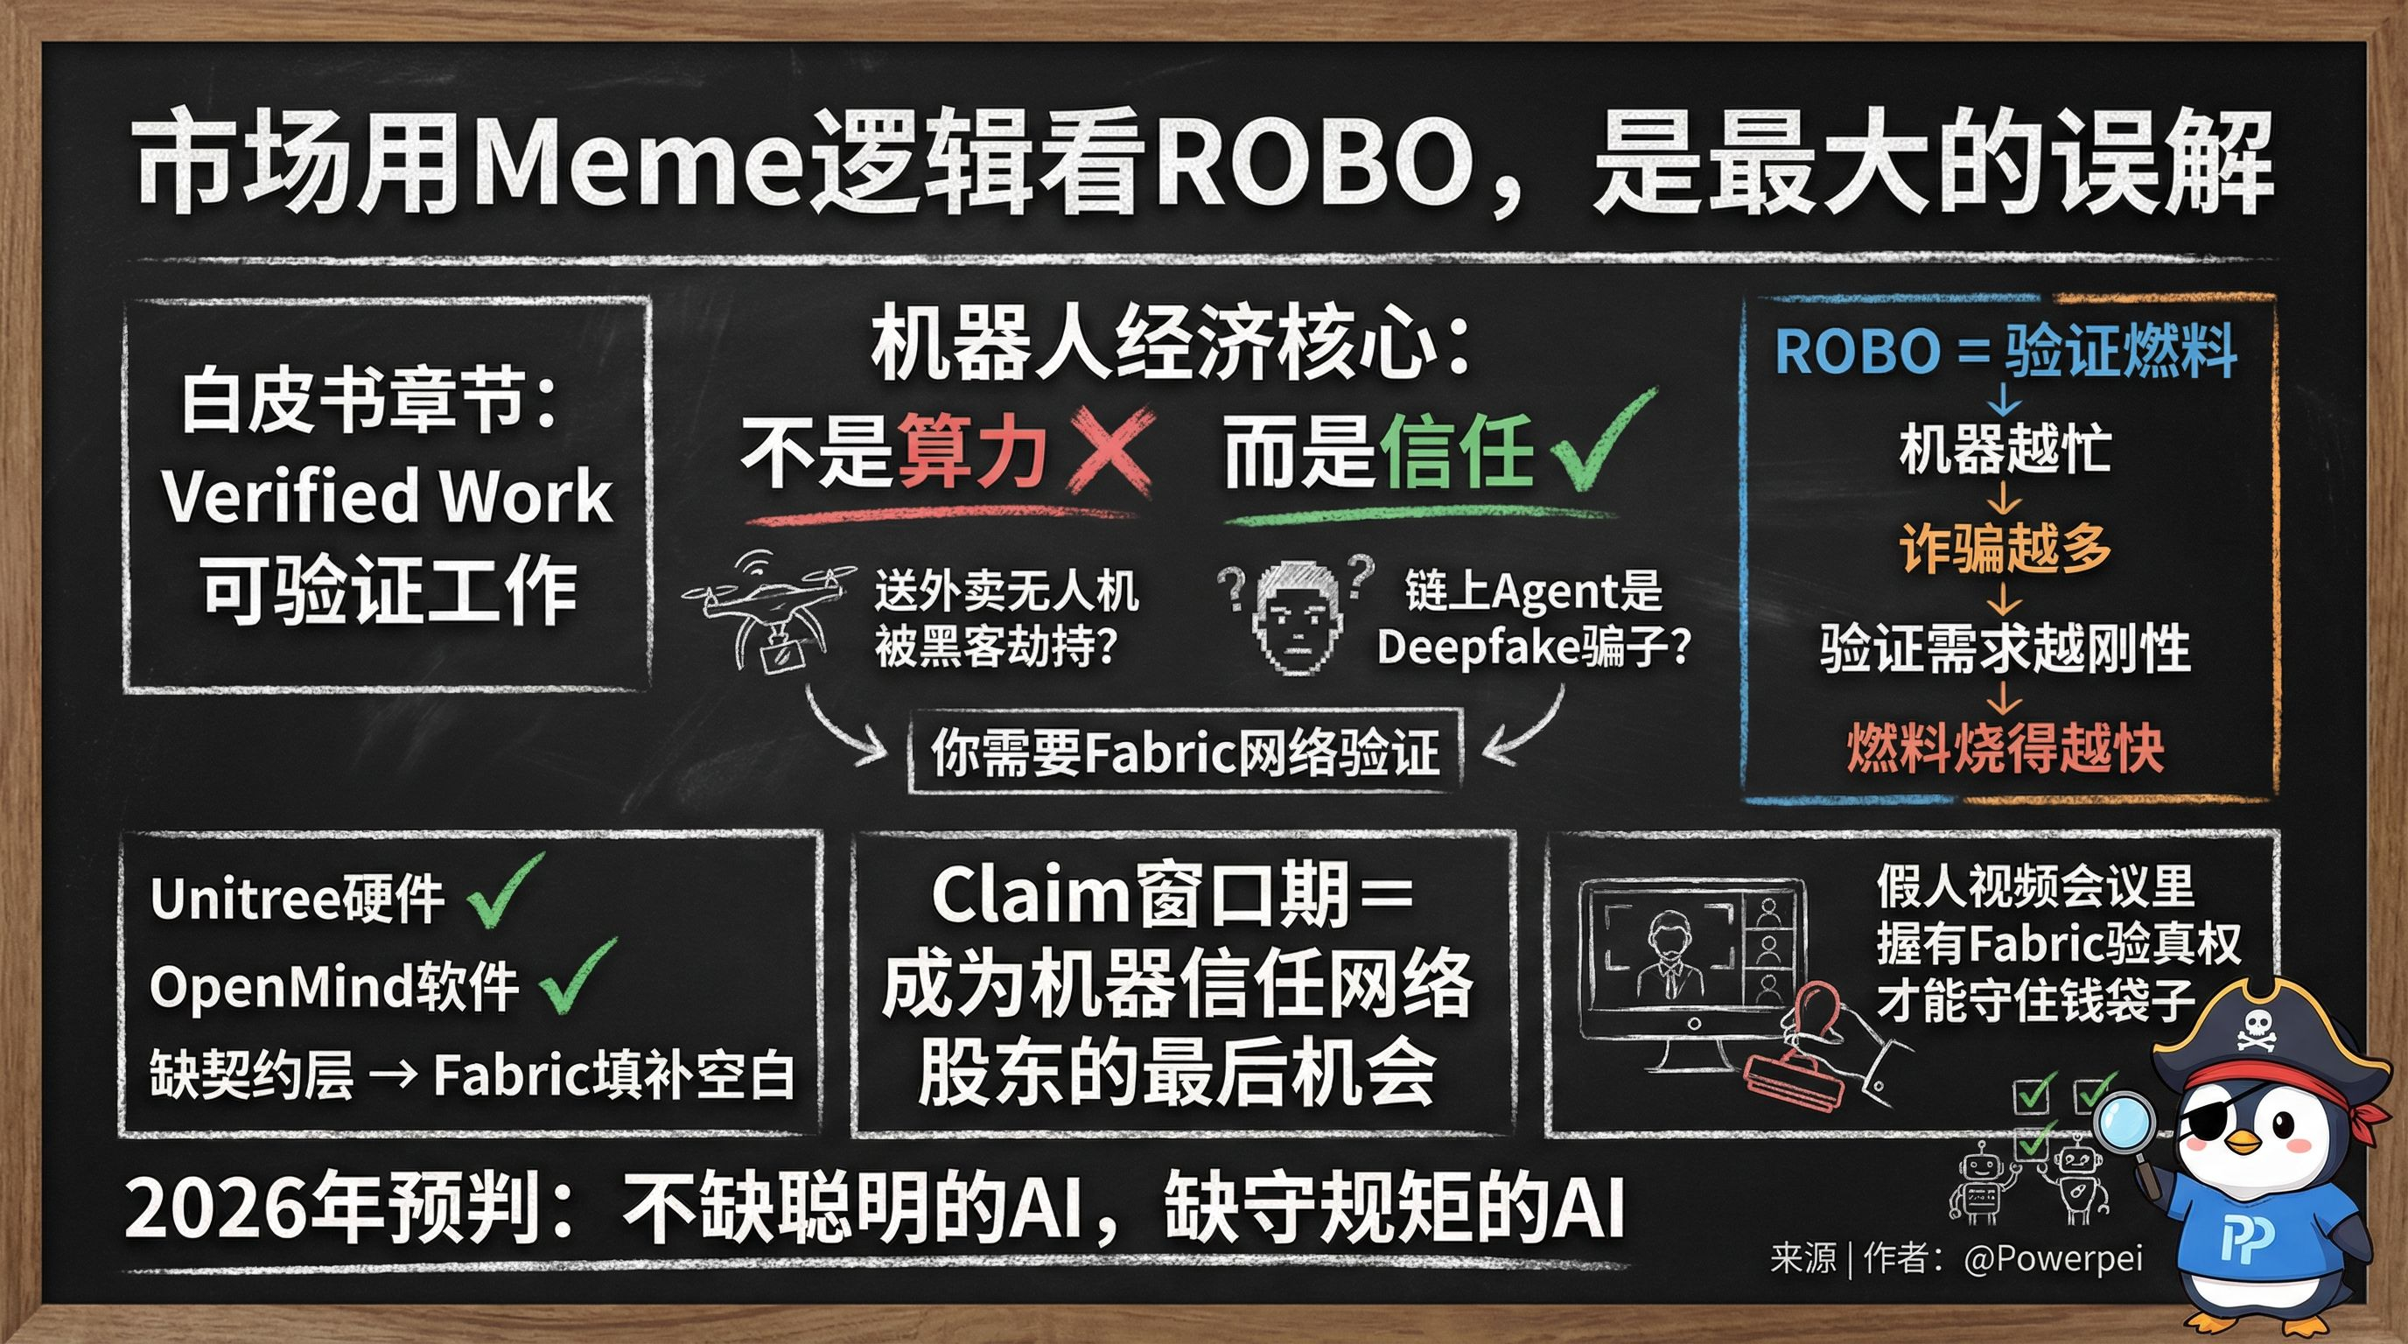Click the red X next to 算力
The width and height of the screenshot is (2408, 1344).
pos(1109,452)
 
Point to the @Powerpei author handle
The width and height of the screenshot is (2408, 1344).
pos(2052,1258)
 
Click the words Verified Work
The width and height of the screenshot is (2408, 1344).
pos(387,496)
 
